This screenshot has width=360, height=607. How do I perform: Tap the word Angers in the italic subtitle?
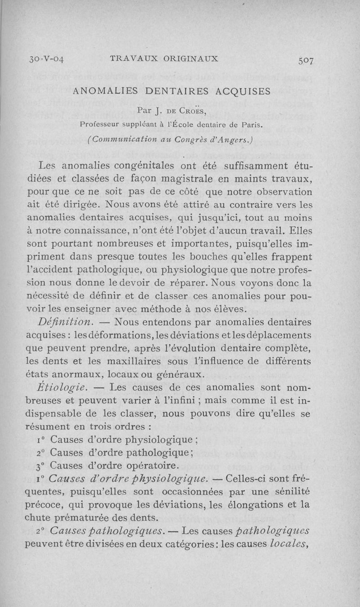(x=237, y=139)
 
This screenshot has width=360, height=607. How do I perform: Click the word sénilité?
(x=295, y=490)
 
